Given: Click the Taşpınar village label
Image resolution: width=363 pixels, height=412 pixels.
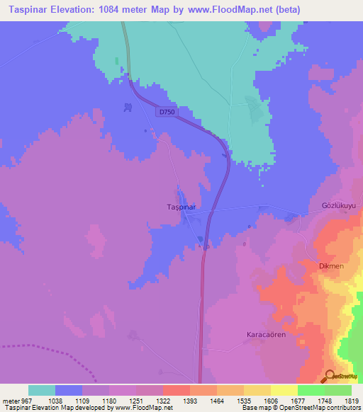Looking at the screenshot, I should (x=177, y=207).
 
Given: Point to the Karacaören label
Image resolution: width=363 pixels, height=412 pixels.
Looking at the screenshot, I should (x=265, y=333).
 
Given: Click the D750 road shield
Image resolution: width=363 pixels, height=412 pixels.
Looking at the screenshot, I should (x=167, y=112).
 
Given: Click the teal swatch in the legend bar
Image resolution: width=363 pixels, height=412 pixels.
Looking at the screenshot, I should (x=42, y=390).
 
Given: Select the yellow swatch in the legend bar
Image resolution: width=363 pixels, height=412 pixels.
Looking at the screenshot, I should (x=284, y=390).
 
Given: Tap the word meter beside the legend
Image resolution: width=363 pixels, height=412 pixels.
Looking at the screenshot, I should (x=11, y=400).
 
